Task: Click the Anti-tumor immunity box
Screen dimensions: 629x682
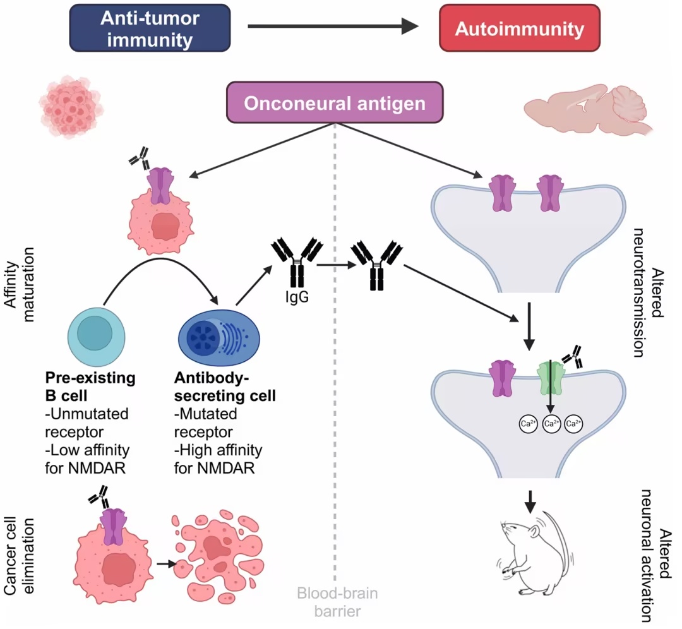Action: [x=150, y=28]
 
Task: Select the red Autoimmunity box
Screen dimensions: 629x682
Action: [x=519, y=28]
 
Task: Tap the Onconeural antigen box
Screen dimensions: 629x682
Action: [x=335, y=102]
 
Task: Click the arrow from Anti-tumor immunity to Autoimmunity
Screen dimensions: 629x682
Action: [x=333, y=26]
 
